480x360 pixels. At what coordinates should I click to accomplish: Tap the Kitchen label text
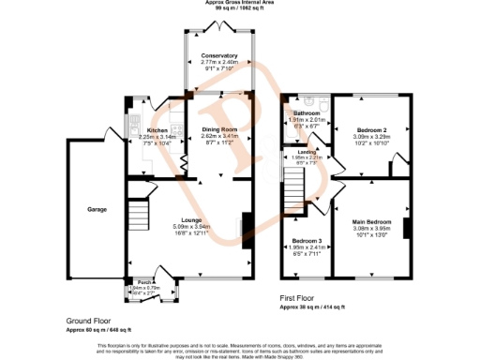pyautogui.click(x=157, y=131)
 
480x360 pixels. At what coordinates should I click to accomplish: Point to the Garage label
pyautogui.click(x=97, y=208)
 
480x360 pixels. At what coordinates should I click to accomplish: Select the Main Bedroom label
pyautogui.click(x=373, y=221)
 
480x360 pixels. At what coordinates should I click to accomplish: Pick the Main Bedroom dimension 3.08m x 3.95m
pyautogui.click(x=373, y=229)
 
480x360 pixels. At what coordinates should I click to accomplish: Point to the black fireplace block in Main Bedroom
pyautogui.click(x=408, y=228)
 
